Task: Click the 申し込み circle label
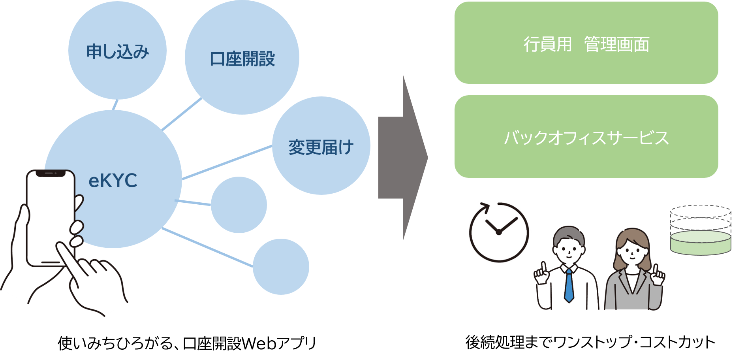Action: tap(117, 52)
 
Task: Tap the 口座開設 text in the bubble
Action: tap(242, 59)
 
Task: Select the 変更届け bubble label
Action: tap(321, 147)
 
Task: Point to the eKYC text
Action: tap(113, 181)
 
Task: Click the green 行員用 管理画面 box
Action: tap(586, 43)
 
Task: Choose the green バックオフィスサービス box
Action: tap(586, 137)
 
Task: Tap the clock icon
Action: tap(499, 232)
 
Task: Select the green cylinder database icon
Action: tap(701, 242)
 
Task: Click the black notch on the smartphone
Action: tap(51, 173)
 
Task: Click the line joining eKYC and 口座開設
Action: tap(182, 114)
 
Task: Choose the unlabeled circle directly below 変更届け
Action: tap(239, 205)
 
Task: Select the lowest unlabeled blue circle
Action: tap(281, 267)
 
